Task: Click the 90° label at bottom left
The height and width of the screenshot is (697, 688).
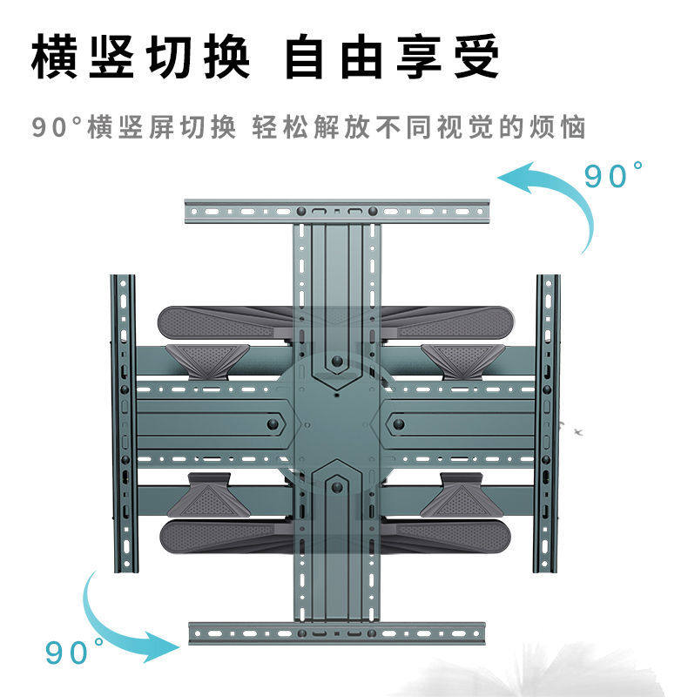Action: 75,651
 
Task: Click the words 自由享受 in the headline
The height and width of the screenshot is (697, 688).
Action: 393,58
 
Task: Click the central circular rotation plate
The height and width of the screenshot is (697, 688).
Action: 336,423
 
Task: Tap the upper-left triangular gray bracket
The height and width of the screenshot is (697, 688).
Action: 208,357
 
